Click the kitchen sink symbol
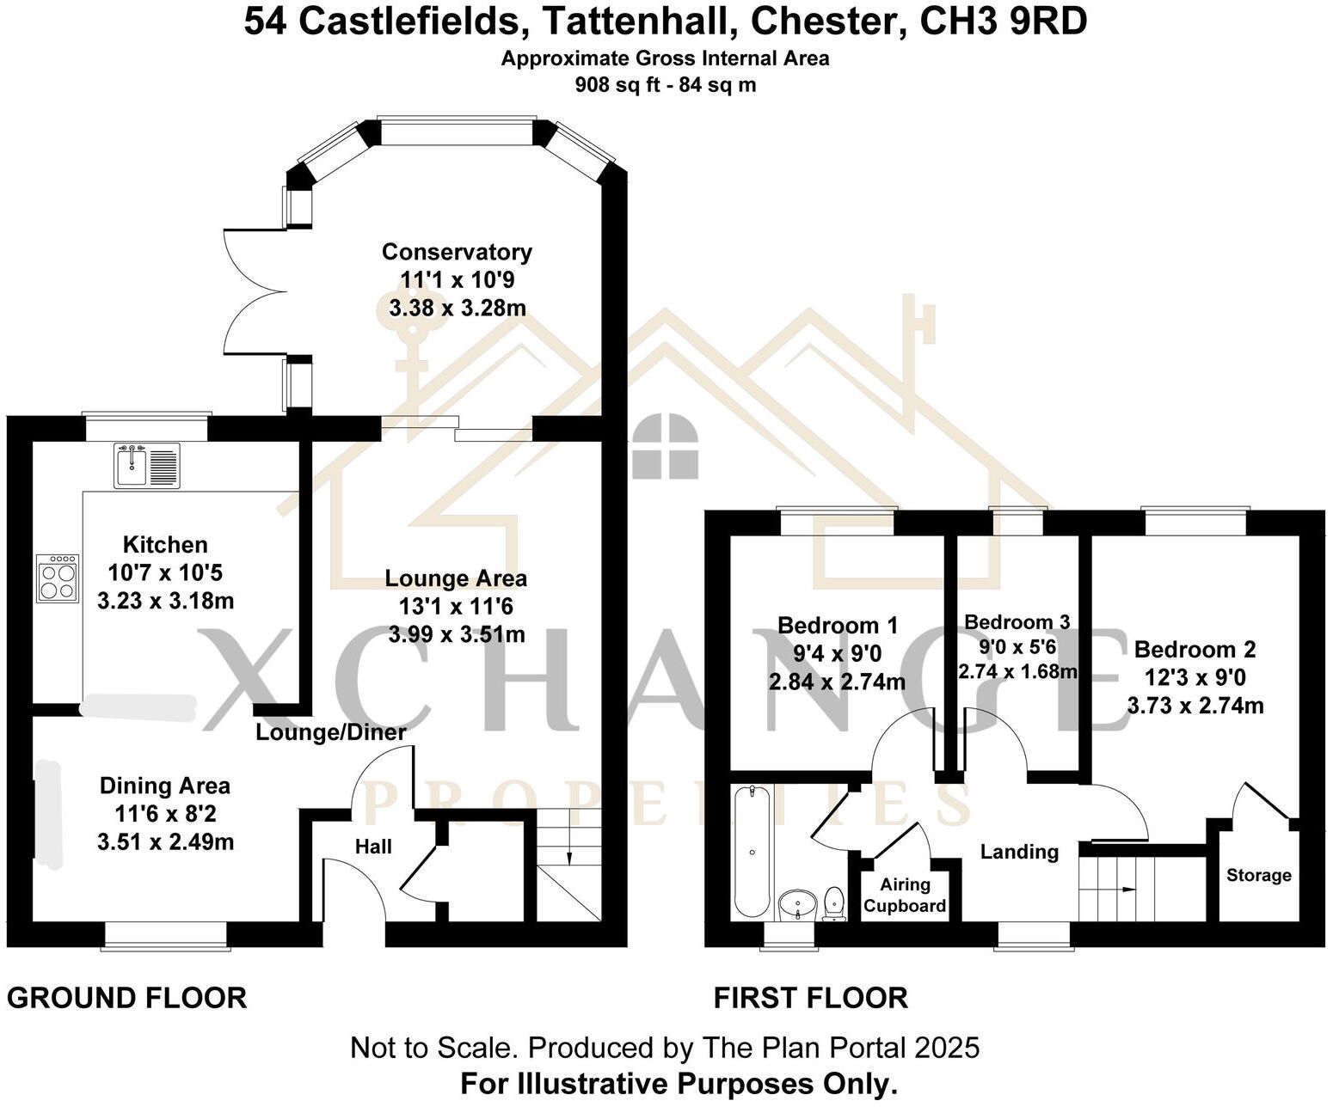[146, 465]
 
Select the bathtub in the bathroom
[752, 851]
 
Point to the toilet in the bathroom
[833, 904]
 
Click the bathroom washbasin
[798, 905]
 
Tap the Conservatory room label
[457, 252]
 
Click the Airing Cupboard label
[905, 895]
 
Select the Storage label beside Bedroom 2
[1258, 875]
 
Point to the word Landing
[1019, 851]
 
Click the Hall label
[373, 847]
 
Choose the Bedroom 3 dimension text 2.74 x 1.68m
[1018, 671]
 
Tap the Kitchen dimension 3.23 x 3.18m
[165, 601]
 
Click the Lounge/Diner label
[331, 732]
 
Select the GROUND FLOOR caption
[127, 998]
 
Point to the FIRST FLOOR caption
[811, 998]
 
